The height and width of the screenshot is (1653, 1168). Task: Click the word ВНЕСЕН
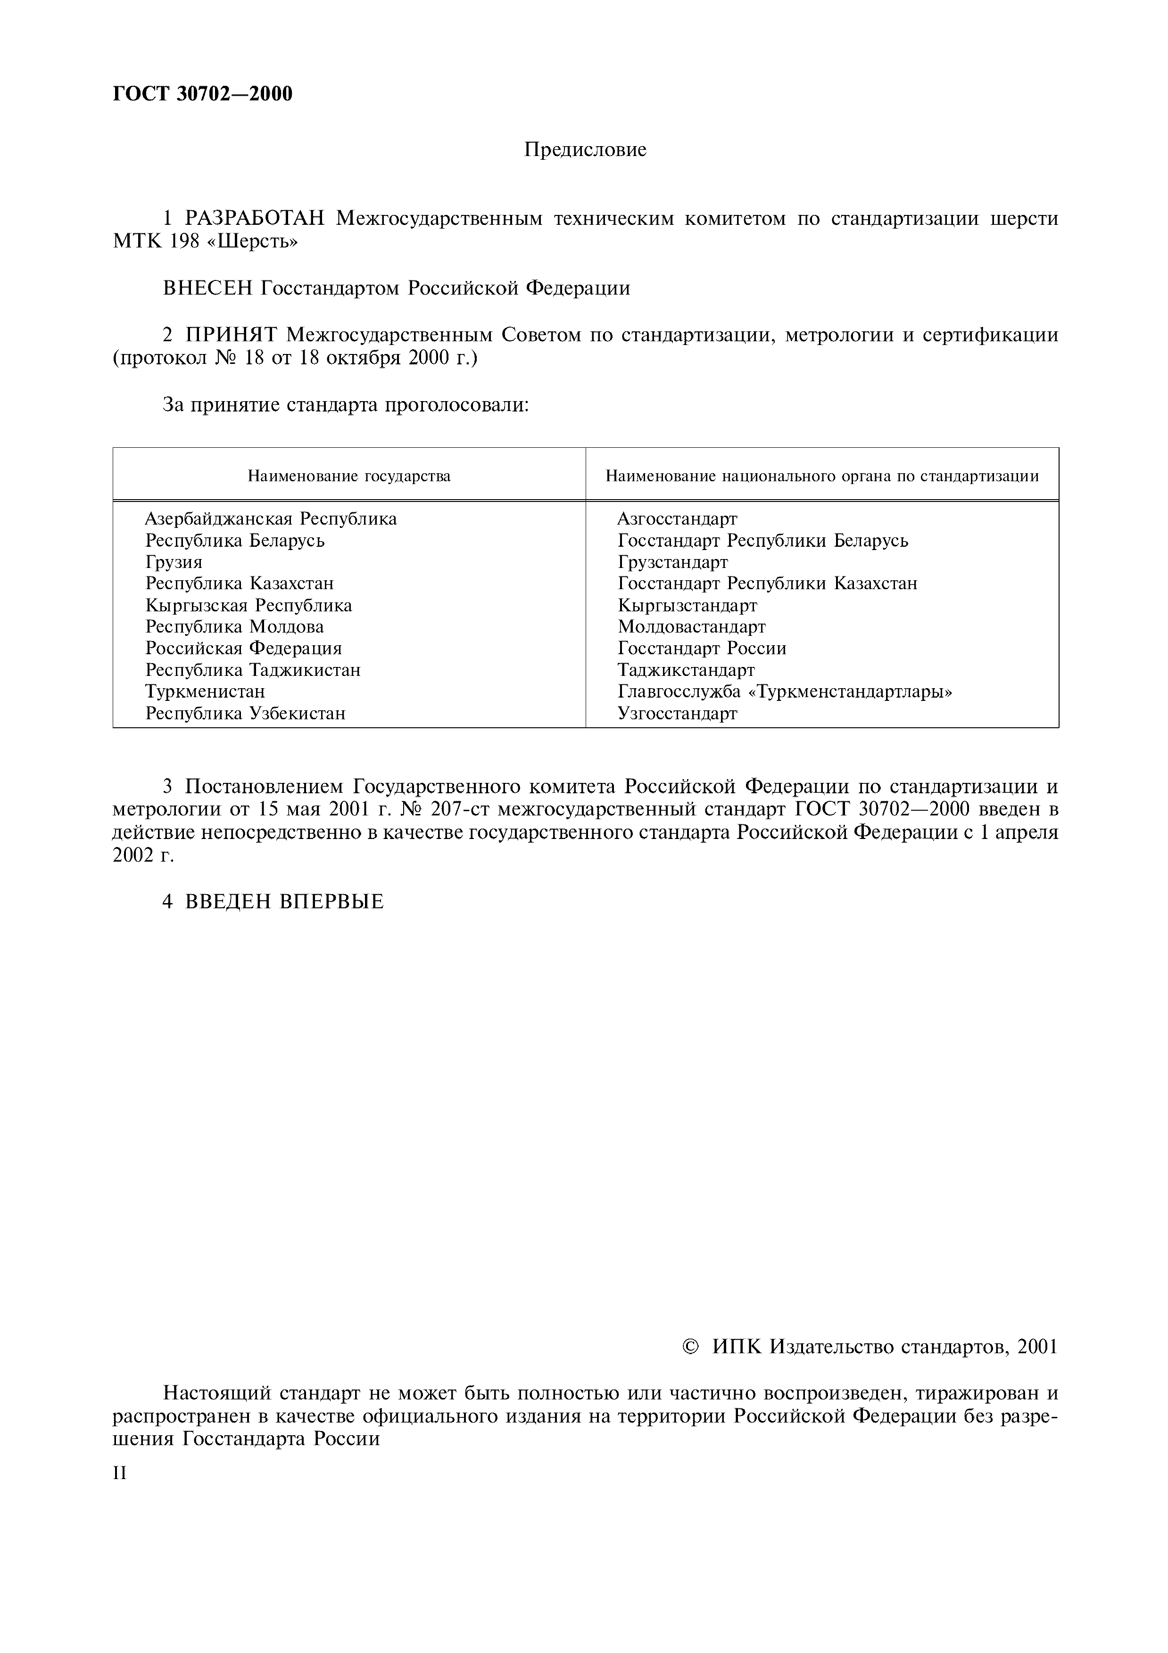click(x=208, y=288)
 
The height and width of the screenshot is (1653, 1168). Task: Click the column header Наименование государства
click(x=349, y=476)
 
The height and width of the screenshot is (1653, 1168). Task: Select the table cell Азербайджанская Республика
click(x=271, y=519)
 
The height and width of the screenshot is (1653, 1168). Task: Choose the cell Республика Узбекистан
click(x=246, y=714)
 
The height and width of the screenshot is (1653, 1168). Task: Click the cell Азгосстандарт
click(x=677, y=519)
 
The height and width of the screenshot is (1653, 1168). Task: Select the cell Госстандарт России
click(x=701, y=649)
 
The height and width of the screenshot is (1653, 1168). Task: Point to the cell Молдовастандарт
click(x=691, y=627)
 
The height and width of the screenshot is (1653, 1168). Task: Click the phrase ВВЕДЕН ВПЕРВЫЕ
click(x=284, y=901)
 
